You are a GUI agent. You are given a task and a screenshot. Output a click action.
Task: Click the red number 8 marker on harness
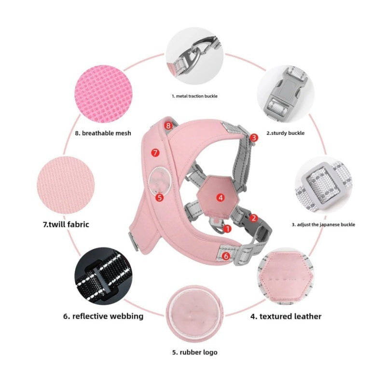point(168,125)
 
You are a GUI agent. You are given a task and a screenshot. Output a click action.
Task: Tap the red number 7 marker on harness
point(155,152)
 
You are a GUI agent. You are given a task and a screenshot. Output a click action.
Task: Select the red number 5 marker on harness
point(160,197)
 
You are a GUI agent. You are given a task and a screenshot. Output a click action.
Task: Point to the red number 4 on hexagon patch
point(220,197)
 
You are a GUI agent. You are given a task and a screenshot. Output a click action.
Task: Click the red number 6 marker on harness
point(226,256)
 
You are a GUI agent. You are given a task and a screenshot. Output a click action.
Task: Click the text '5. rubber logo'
point(195,352)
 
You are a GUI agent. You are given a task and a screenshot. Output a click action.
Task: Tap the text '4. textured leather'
point(286,317)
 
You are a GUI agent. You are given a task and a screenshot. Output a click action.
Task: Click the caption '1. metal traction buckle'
point(194,96)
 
